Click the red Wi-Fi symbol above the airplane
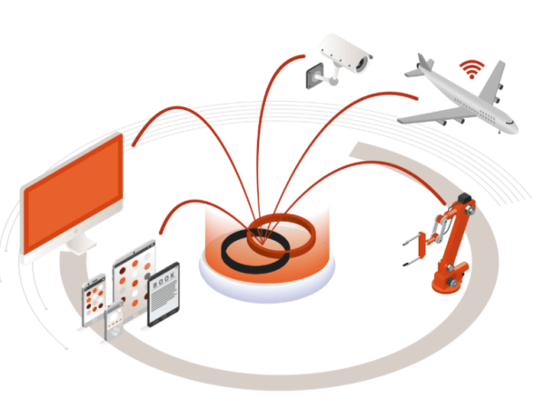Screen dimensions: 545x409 click(x=471, y=69)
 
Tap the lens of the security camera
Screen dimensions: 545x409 click(x=362, y=63)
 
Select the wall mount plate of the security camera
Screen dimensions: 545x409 click(x=315, y=75)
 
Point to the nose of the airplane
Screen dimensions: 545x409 click(x=514, y=127)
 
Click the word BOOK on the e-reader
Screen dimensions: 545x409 click(x=163, y=279)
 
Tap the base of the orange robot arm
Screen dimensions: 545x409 click(x=449, y=280)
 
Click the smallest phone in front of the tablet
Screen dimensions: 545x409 click(x=114, y=321)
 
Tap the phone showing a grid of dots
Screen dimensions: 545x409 click(x=94, y=300)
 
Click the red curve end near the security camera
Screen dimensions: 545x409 click(x=303, y=55)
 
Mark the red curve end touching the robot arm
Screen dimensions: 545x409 click(x=444, y=204)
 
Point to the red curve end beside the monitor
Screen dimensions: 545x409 click(x=134, y=144)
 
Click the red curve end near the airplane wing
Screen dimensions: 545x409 click(x=415, y=98)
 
